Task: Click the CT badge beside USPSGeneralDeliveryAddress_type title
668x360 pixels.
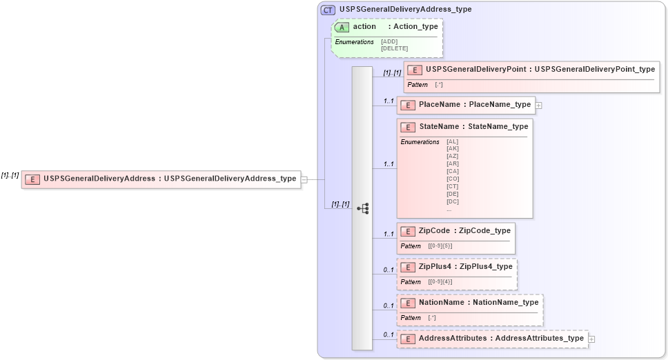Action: coord(328,10)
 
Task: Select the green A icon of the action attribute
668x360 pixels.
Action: coord(342,27)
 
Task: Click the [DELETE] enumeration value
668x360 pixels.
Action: coord(394,48)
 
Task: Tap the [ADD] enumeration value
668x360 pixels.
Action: coord(389,42)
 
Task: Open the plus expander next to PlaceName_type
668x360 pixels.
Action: coord(539,105)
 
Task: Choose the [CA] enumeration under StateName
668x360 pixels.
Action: coord(453,171)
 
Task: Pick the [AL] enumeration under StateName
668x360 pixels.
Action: coord(452,141)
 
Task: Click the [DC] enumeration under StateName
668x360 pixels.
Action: coord(453,201)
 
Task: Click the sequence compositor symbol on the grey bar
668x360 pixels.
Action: coord(362,208)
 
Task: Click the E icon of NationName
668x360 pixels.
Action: coord(408,303)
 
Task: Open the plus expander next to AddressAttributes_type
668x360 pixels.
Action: coord(591,339)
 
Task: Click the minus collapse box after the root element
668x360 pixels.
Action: coord(304,179)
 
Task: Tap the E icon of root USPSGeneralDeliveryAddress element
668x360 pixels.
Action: coord(32,179)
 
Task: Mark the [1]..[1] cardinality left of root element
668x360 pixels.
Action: coord(10,175)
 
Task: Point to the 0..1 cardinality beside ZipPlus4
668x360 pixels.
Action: coord(389,270)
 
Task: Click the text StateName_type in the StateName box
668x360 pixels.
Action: coord(498,127)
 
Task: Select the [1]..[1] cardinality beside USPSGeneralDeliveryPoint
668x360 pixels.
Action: coord(392,72)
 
